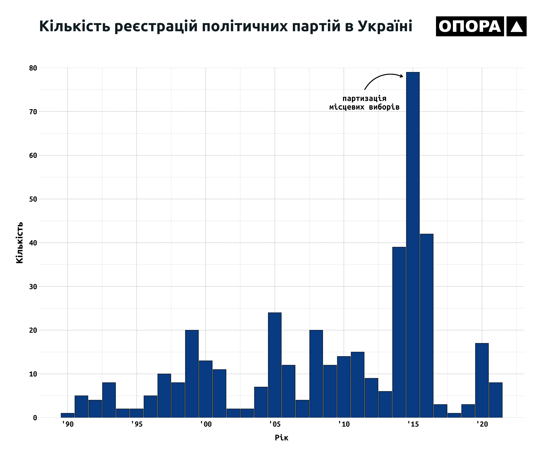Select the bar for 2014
click(399, 332)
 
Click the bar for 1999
click(192, 374)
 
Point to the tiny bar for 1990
click(67, 415)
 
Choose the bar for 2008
click(316, 374)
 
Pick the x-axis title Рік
click(281, 438)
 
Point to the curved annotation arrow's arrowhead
click(401, 76)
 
